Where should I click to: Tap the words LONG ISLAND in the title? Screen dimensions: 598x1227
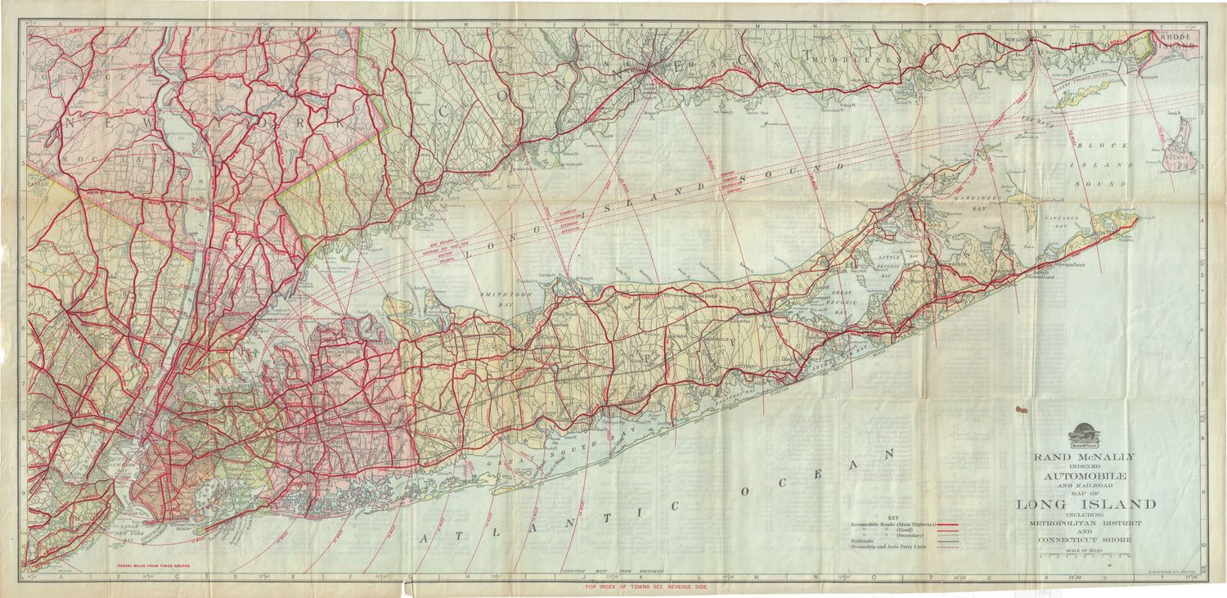click(x=1085, y=504)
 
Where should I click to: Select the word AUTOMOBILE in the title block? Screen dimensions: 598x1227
click(x=1085, y=475)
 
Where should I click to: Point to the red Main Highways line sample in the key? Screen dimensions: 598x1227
click(x=947, y=524)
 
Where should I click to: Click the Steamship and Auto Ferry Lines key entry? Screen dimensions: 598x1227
click(x=888, y=547)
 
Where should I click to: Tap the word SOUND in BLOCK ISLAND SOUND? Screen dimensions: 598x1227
click(x=1113, y=184)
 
